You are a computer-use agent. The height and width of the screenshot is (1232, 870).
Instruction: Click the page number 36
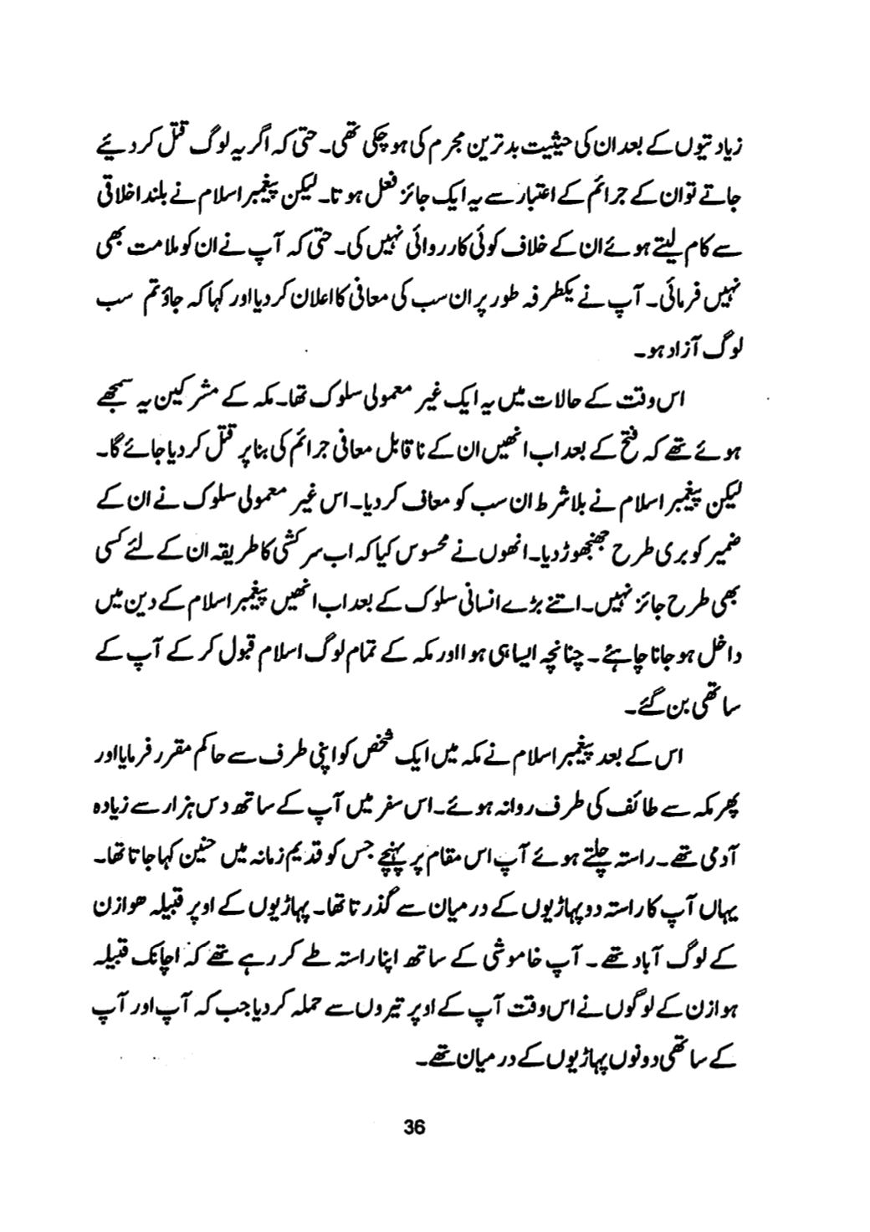click(x=416, y=1126)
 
